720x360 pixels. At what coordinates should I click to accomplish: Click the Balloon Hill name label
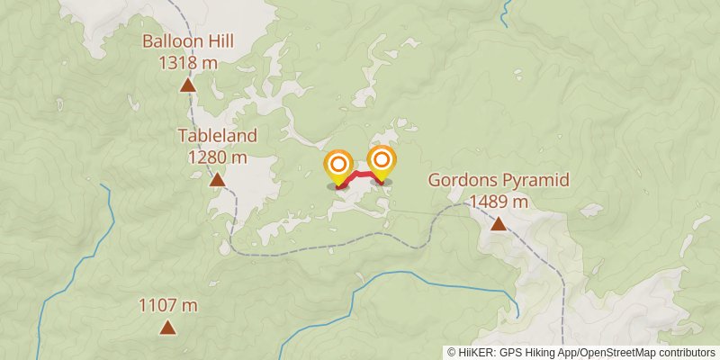[188, 42]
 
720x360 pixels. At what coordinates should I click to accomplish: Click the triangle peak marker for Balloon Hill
[188, 85]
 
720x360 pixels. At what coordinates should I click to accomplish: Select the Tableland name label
[217, 136]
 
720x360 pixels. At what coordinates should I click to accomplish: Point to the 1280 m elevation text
[217, 157]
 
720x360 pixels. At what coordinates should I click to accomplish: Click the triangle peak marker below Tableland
[217, 180]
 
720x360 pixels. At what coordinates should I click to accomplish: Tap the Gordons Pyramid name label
[498, 180]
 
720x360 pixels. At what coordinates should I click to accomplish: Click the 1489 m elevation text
[498, 201]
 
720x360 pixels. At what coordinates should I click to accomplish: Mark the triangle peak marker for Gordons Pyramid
[498, 223]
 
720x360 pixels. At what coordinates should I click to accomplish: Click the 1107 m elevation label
[167, 305]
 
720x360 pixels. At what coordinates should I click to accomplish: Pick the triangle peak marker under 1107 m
[167, 328]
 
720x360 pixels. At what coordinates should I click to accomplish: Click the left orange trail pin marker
[338, 166]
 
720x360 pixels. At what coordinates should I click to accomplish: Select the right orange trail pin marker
[382, 161]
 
